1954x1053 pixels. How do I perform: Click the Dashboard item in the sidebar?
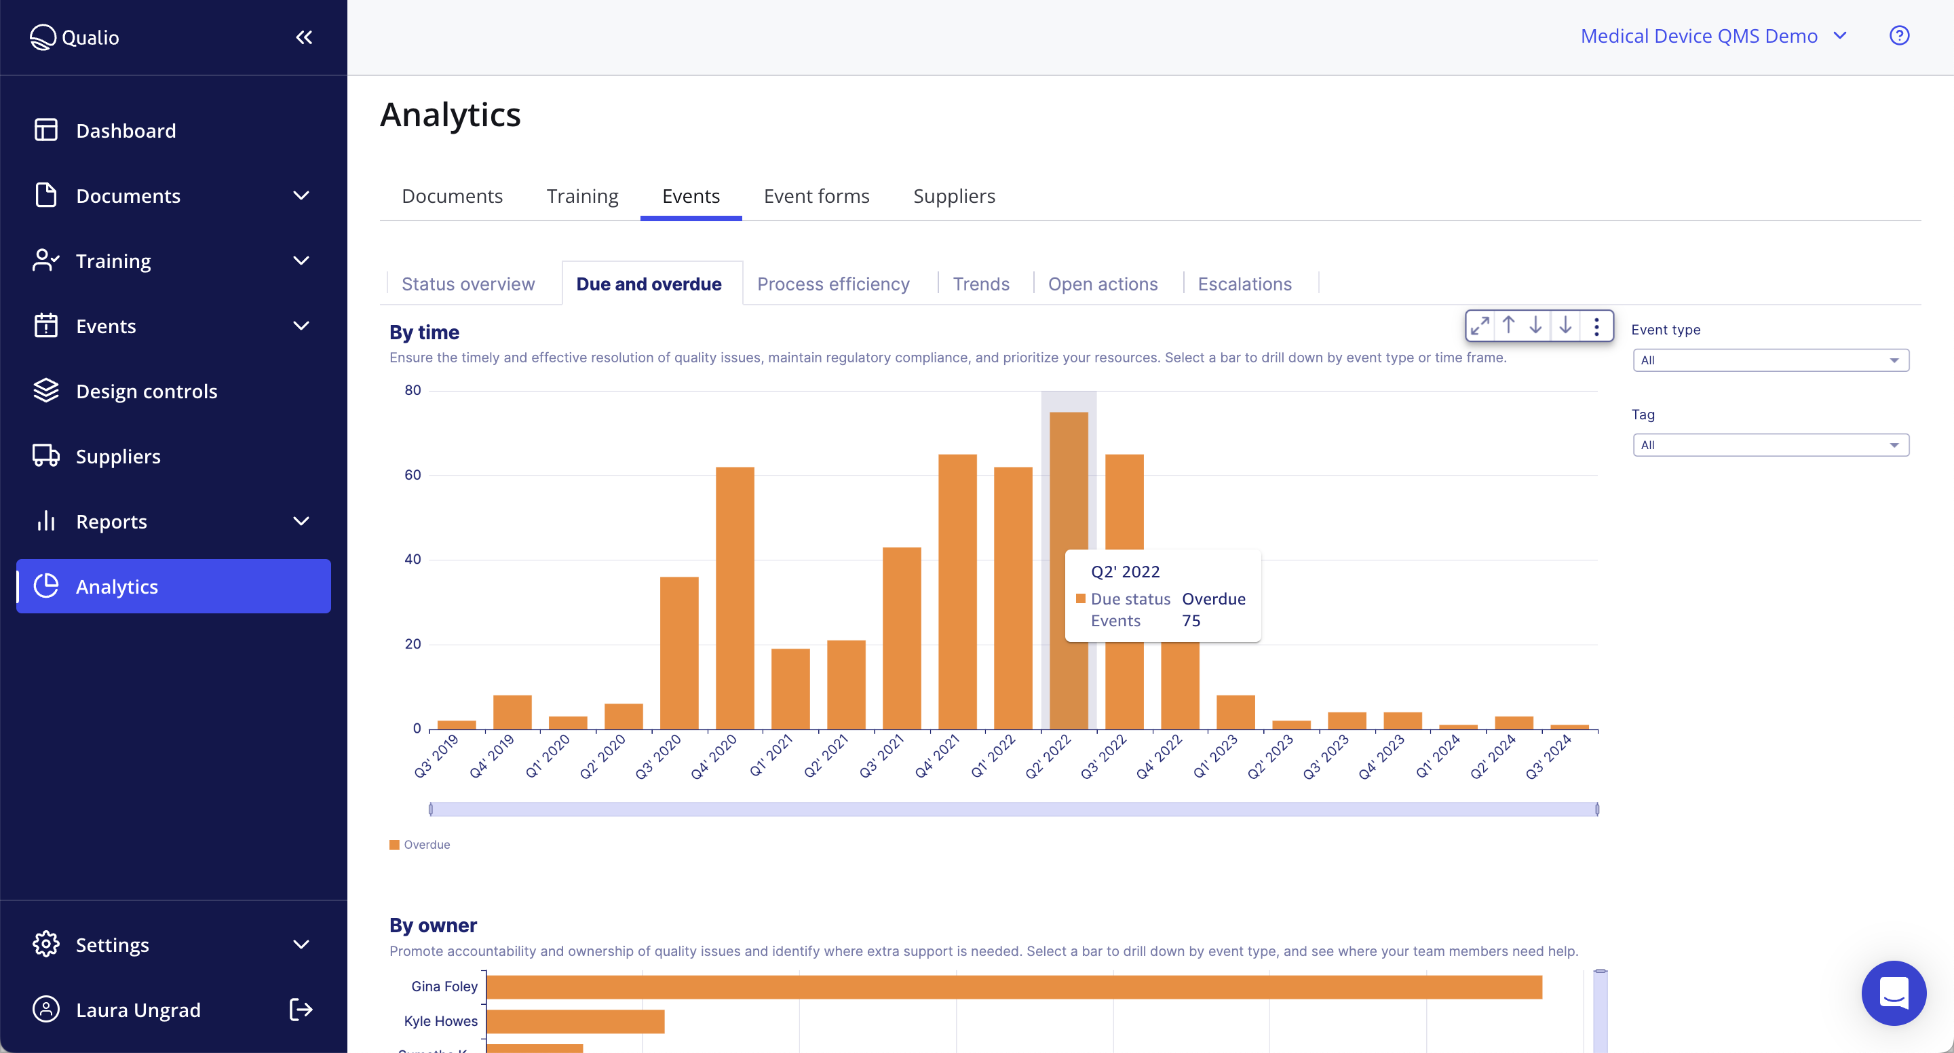tap(126, 130)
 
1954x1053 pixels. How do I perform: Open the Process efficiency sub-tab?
tap(833, 284)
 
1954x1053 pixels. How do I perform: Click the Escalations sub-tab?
tap(1244, 284)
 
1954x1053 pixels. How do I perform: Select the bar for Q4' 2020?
tap(734, 599)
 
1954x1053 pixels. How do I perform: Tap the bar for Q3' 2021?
tap(901, 637)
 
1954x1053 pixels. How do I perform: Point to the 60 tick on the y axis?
tap(413, 475)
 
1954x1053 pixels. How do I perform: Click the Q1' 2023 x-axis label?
tap(1216, 756)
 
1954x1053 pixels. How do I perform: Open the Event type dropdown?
tap(1769, 360)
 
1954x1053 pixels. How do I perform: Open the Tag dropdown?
tap(1769, 445)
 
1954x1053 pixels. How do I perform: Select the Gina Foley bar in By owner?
tap(1014, 987)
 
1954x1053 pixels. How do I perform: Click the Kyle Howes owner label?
tap(441, 1021)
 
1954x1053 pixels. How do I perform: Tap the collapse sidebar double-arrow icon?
tap(304, 37)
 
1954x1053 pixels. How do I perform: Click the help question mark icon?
tap(1898, 36)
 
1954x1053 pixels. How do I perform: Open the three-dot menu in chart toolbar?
tap(1596, 326)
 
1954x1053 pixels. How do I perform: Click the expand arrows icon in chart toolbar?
tap(1480, 326)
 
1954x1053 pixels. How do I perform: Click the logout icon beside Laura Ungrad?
tap(301, 1009)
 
